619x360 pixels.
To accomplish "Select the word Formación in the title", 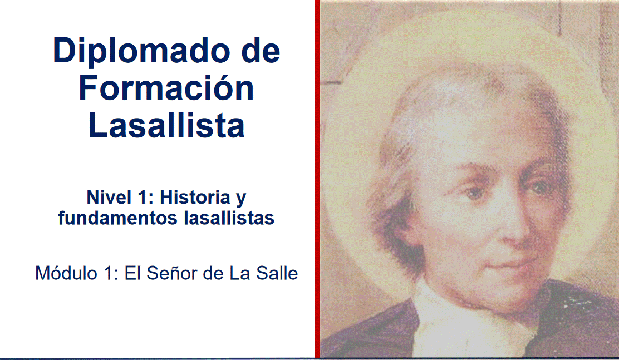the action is (x=166, y=88).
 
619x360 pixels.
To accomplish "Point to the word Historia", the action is (x=195, y=197).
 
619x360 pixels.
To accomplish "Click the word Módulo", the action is (x=66, y=273).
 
